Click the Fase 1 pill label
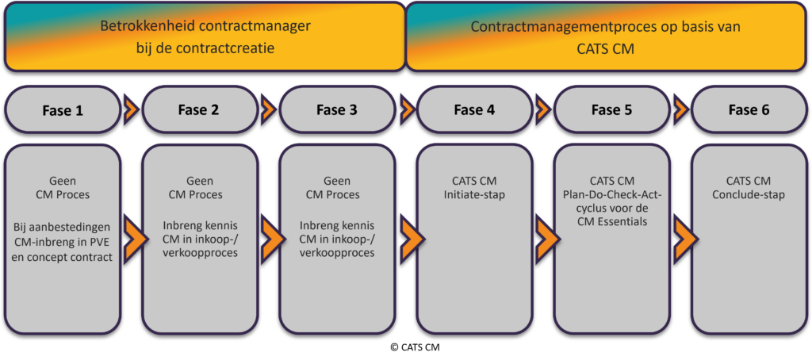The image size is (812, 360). (63, 110)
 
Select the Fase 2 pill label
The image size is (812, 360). (200, 110)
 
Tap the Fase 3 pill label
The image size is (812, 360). (337, 110)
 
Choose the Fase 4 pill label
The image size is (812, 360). (474, 110)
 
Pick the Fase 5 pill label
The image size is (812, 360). (611, 110)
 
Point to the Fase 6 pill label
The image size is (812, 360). (749, 110)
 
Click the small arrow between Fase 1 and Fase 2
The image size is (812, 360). (132, 109)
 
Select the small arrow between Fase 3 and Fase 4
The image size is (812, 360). (407, 109)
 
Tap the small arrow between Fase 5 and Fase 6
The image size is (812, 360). (681, 109)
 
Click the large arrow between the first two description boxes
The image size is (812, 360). (132, 237)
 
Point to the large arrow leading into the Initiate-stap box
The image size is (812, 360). (407, 237)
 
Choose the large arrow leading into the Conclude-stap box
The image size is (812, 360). (681, 237)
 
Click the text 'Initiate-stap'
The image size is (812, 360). (474, 195)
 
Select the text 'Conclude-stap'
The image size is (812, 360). (749, 195)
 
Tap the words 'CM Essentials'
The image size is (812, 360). (611, 222)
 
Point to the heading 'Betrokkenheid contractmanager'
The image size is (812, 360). (205, 26)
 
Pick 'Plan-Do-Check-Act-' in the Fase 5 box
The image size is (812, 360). (611, 195)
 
